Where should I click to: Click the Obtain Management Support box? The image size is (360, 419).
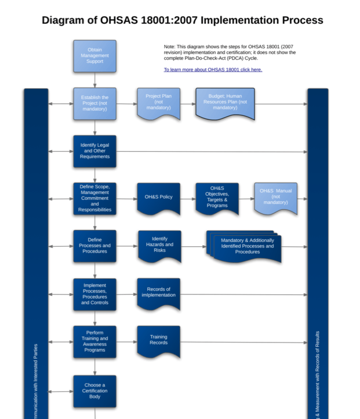94,56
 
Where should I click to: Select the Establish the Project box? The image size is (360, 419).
94,104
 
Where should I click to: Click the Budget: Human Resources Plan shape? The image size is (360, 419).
225,103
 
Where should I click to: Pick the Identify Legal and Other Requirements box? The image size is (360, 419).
94,151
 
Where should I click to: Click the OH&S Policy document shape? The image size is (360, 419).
158,198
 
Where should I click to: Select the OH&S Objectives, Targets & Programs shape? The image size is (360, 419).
217,198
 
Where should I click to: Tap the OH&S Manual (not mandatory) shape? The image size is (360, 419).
275,197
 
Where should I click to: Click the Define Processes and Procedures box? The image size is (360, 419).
94,246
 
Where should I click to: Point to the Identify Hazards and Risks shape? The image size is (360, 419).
159,245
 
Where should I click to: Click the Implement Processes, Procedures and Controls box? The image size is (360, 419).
94,294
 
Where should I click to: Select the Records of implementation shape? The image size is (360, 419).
158,293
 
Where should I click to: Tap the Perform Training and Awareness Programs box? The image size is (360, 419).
94,341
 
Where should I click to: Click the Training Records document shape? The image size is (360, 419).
158,340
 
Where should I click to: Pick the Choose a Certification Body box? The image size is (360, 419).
94,391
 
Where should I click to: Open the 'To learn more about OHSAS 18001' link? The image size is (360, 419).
213,70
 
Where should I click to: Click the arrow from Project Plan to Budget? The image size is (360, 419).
188,104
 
